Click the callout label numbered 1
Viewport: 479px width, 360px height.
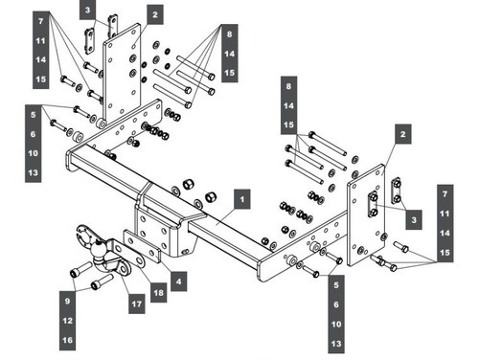242,199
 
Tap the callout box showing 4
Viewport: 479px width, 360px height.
178,281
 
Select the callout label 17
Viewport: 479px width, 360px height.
137,304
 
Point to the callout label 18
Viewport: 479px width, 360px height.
158,292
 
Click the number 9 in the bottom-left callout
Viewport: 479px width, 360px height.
67,301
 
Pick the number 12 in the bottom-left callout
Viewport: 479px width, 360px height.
67,321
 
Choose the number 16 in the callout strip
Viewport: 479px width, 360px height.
67,340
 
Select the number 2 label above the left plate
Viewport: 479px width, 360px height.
155,14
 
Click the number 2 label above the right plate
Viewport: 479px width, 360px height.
403,134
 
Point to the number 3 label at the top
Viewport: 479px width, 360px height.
88,10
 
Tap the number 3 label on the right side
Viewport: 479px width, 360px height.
414,219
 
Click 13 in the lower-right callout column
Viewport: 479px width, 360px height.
336,344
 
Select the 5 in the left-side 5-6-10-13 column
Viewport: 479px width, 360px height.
34,115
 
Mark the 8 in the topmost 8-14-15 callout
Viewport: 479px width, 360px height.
230,34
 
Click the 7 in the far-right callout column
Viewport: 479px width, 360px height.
445,194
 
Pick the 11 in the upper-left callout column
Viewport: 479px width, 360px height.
41,41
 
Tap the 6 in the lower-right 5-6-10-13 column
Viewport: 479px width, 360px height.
336,304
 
